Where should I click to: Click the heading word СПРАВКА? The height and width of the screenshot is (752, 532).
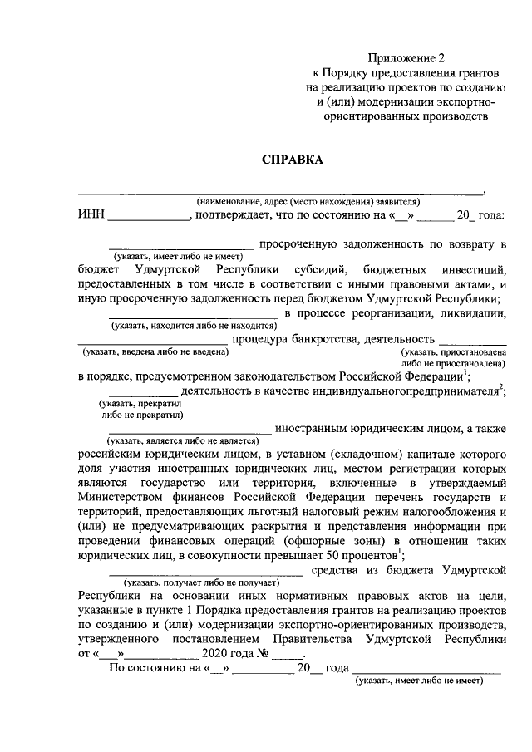point(292,160)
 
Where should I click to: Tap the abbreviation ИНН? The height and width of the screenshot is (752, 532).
point(91,216)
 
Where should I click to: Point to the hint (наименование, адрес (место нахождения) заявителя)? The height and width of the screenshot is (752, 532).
point(308,201)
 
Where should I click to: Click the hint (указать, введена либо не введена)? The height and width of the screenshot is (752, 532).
point(155,352)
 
